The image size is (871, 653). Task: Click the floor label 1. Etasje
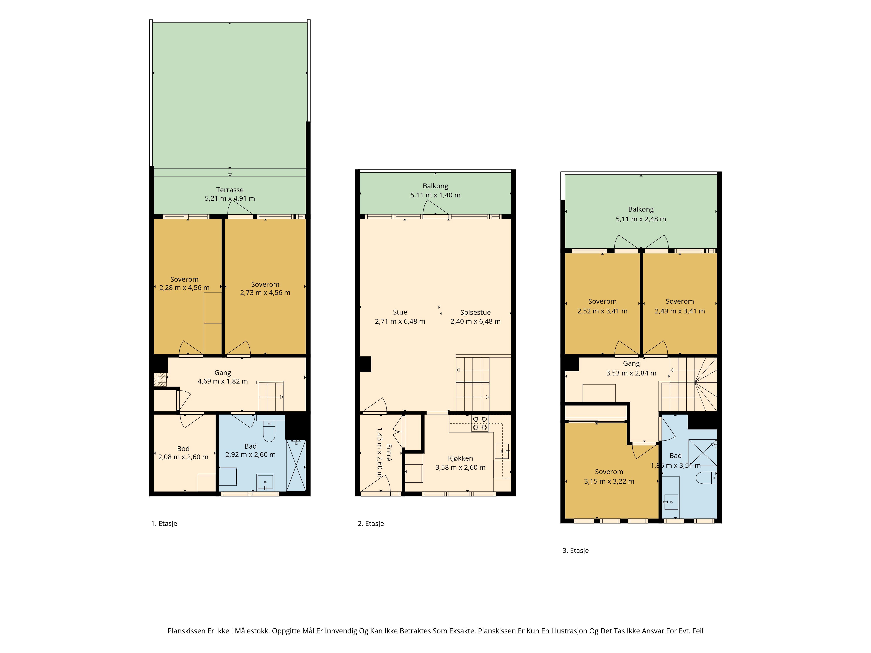pyautogui.click(x=164, y=523)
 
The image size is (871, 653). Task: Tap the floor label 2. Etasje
pyautogui.click(x=371, y=523)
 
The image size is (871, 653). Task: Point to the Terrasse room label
pyautogui.click(x=230, y=190)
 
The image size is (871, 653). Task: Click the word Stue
pyautogui.click(x=400, y=312)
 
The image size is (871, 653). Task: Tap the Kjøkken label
pyautogui.click(x=460, y=458)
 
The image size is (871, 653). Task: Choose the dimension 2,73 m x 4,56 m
pyautogui.click(x=265, y=293)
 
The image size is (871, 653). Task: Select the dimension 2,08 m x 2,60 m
pyautogui.click(x=183, y=457)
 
